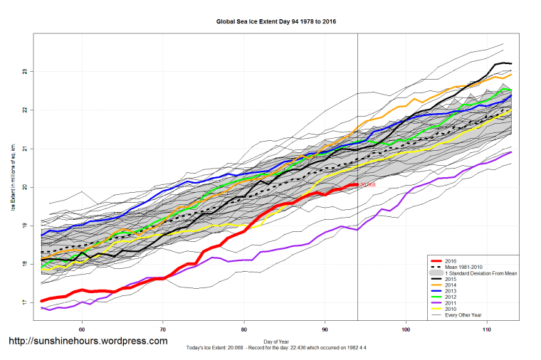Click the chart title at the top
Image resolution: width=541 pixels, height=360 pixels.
coord(276,22)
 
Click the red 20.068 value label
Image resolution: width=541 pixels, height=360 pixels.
coord(367,185)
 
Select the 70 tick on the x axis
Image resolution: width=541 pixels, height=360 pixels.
coord(163,329)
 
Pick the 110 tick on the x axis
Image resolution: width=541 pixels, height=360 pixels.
coord(487,329)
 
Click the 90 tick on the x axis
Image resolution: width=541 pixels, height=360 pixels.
coord(325,329)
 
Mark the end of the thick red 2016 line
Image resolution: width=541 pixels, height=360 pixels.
coord(357,185)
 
